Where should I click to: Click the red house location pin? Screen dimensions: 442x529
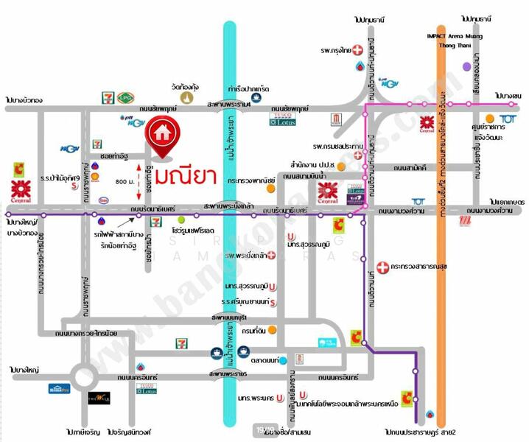(x=164, y=135)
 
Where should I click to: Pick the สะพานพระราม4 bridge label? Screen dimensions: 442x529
(x=230, y=105)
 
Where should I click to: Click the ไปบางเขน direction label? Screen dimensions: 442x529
(x=508, y=96)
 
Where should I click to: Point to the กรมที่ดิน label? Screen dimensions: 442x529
(x=253, y=330)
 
